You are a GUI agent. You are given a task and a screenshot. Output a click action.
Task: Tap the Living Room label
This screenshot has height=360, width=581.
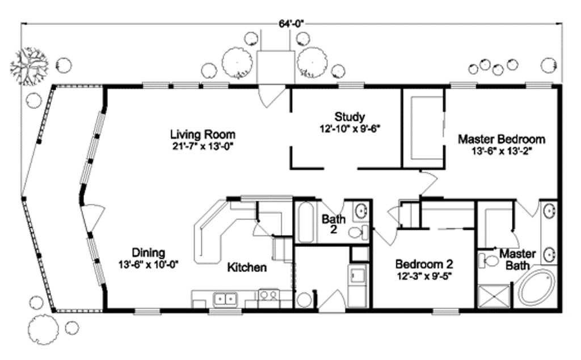pos(203,134)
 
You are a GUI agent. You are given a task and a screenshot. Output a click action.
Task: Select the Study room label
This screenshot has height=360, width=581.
pos(349,117)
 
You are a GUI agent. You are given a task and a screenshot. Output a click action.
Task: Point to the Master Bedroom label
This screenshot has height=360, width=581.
pos(501,139)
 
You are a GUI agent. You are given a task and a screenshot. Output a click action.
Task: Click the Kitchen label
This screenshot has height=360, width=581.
pos(247,268)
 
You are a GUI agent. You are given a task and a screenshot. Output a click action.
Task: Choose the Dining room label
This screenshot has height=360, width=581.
pos(148,253)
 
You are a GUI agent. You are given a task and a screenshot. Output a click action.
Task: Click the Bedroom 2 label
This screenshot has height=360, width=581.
pos(424,264)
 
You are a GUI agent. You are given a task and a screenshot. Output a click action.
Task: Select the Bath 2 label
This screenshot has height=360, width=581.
pos(330,223)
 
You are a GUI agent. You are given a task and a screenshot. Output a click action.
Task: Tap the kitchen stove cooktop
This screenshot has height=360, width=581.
pos(267,295)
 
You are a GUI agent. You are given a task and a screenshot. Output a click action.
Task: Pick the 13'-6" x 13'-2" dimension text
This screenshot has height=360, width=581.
pos(501,151)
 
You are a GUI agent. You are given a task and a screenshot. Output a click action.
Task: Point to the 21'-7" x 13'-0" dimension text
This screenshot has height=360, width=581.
pos(203,146)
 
